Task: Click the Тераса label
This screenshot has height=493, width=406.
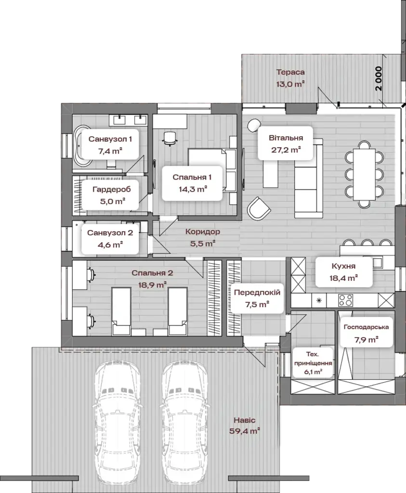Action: point(290,72)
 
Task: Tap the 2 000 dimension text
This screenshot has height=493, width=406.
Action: point(379,78)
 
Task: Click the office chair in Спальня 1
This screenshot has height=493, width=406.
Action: point(170,139)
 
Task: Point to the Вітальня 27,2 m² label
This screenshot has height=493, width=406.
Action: point(286,143)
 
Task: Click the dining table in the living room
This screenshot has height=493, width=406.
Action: point(365,174)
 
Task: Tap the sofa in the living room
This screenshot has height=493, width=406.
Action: point(309,178)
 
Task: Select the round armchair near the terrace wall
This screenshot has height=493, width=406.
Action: point(254,125)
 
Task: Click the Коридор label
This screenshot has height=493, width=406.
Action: point(203,232)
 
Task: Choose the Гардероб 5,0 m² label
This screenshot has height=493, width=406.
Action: point(112,195)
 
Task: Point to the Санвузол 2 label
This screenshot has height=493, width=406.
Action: point(110,233)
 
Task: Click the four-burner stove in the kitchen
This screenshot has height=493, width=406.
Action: point(346,300)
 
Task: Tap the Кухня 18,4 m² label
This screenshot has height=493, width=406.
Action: point(343,272)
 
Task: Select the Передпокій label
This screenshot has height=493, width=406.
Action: point(257,292)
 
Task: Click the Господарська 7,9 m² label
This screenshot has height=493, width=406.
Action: point(366,333)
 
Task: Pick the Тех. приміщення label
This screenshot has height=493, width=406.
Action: point(313,358)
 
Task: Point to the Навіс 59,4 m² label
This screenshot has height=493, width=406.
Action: point(245,426)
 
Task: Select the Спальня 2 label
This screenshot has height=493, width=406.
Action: point(152,273)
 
